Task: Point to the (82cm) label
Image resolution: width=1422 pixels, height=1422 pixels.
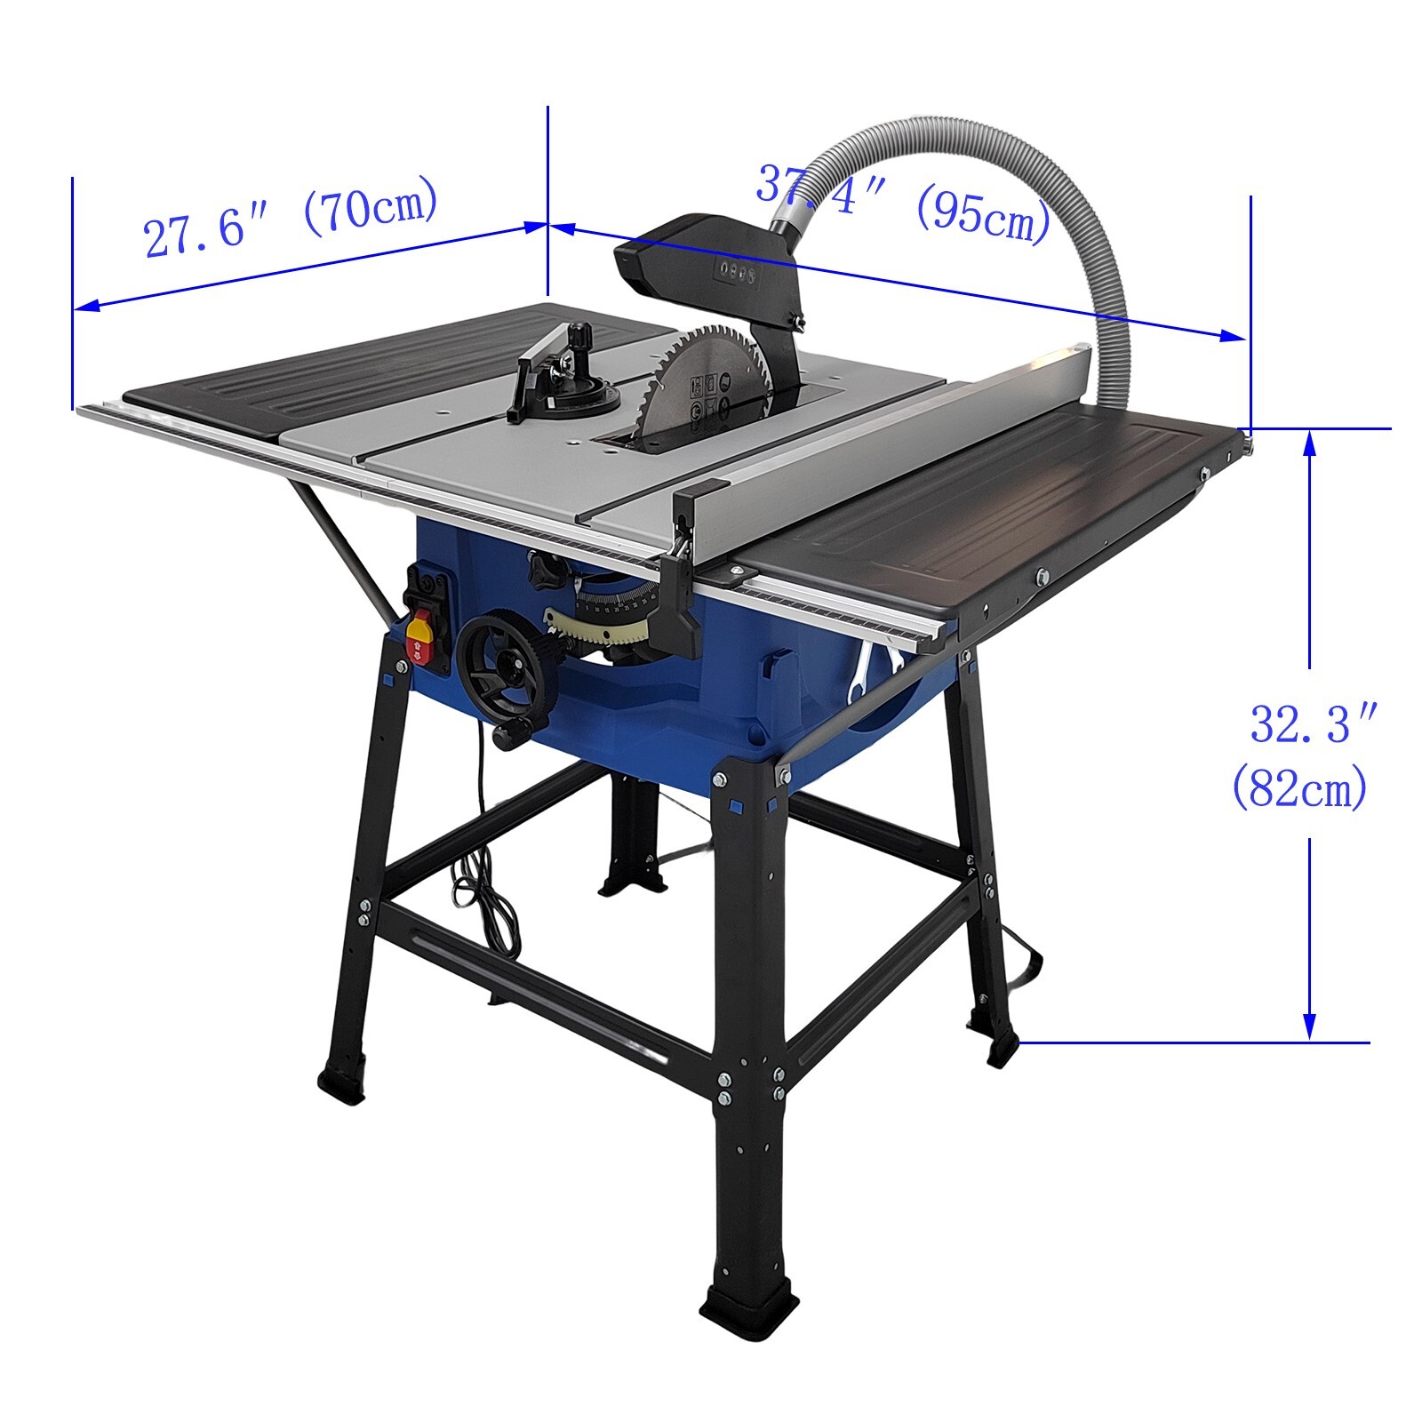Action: click(1299, 787)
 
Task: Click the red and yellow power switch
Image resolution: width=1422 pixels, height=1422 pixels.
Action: click(419, 636)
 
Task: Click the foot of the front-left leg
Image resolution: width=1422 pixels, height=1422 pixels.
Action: click(343, 1084)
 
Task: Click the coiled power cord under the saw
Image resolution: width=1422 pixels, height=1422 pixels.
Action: click(484, 898)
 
